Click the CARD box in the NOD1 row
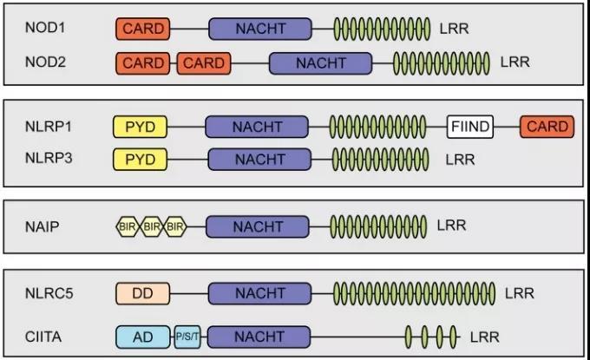143,29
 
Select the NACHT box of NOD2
320,63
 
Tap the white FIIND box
470,128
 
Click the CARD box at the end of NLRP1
547,128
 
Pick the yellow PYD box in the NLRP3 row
140,160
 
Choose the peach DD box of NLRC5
143,293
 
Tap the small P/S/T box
187,336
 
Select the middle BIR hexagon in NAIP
152,226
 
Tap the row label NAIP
41,226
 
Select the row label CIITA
43,336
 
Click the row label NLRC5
47,293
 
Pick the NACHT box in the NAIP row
257,226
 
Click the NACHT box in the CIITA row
257,336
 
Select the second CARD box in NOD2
203,63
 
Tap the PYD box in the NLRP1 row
140,128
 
